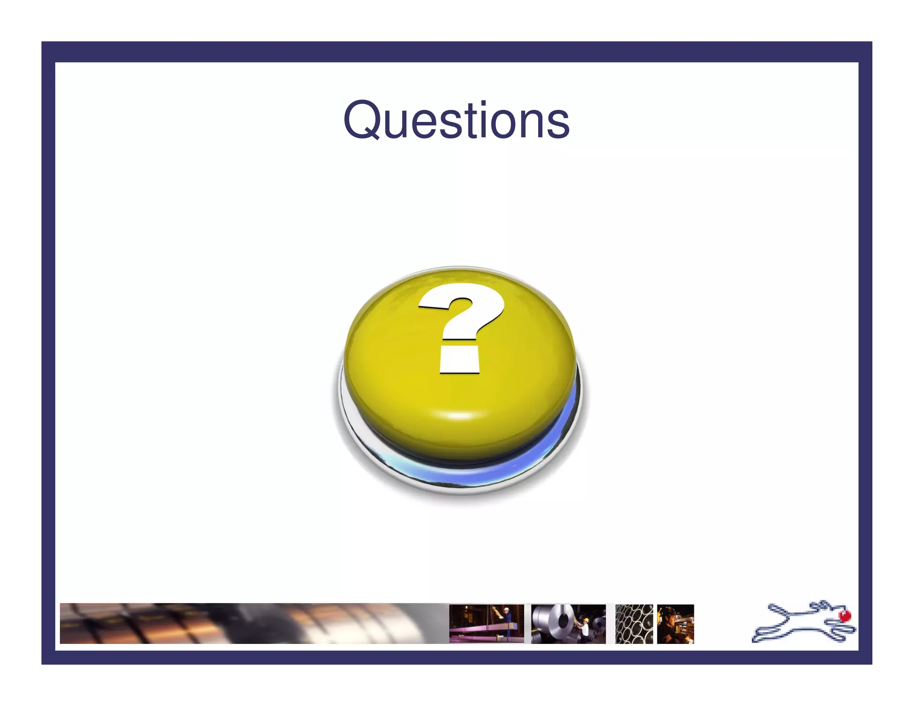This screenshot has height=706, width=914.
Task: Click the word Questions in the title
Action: pyautogui.click(x=456, y=120)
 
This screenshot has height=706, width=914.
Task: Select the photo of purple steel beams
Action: pyautogui.click(x=486, y=623)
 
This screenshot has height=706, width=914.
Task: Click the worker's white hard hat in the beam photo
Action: pyautogui.click(x=506, y=609)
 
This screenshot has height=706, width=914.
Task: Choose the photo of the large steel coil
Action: pyautogui.click(x=568, y=623)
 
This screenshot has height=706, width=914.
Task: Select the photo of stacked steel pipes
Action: pyautogui.click(x=634, y=623)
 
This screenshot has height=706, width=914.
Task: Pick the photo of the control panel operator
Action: pyautogui.click(x=675, y=623)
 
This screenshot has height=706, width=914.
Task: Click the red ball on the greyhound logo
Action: pyautogui.click(x=844, y=616)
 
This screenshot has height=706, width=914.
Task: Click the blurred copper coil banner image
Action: pyautogui.click(x=250, y=623)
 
